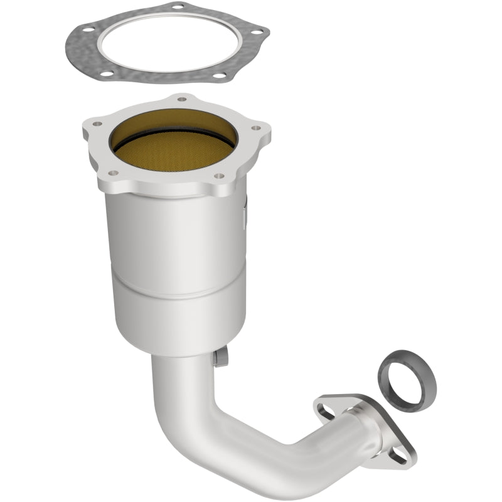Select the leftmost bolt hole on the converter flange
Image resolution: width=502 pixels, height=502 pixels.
[96, 124]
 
